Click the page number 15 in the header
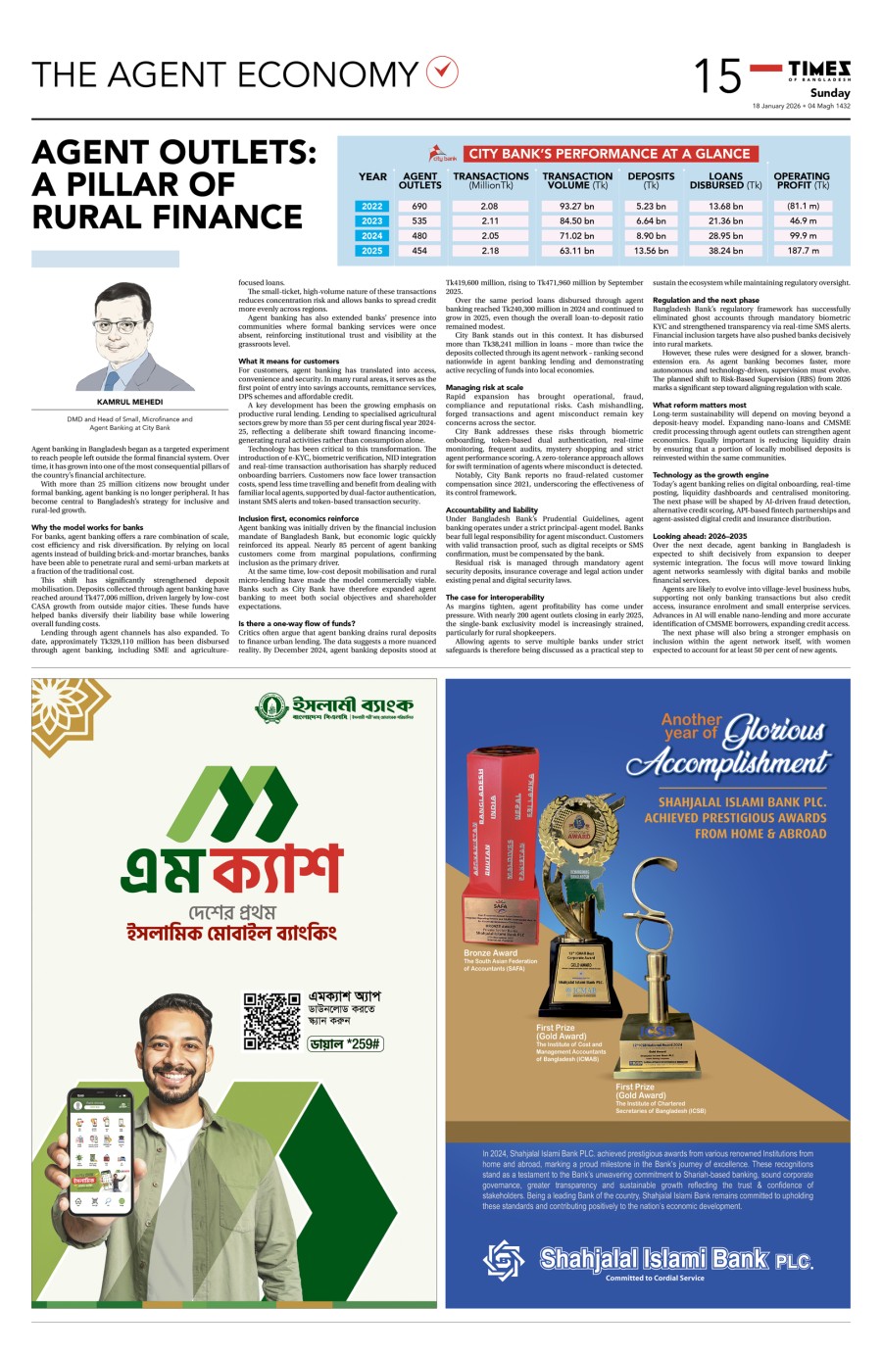[717, 76]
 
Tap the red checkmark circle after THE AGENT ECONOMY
[443, 72]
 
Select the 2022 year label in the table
[372, 207]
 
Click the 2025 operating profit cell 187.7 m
[802, 251]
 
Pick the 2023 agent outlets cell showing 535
[419, 221]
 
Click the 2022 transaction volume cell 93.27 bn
[576, 207]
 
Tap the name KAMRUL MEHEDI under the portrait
[129, 402]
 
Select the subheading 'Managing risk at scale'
[484, 388]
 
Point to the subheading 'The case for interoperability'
[495, 597]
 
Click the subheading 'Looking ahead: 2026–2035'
[700, 537]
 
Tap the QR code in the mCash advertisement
[271, 1021]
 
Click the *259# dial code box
[345, 1044]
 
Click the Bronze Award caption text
[491, 952]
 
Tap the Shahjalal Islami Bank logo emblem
[505, 1260]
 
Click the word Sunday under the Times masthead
[830, 93]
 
